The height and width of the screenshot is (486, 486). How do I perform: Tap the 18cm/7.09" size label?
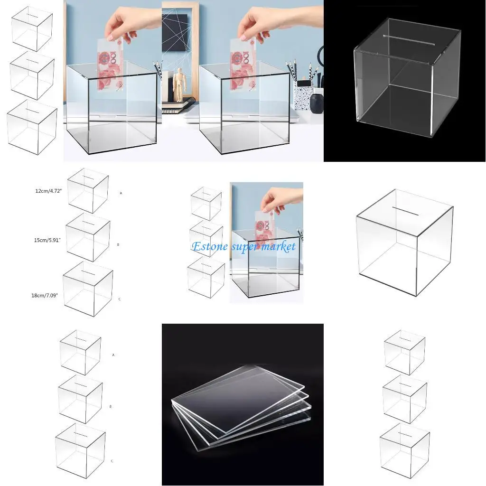pos(45,295)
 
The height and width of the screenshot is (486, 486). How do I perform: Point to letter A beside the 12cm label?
pos(121,193)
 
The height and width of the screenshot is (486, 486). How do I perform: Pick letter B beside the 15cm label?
pos(118,244)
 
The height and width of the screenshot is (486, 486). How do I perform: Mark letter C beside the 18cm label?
pos(119,299)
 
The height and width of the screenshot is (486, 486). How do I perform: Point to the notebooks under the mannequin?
pos(178,107)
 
